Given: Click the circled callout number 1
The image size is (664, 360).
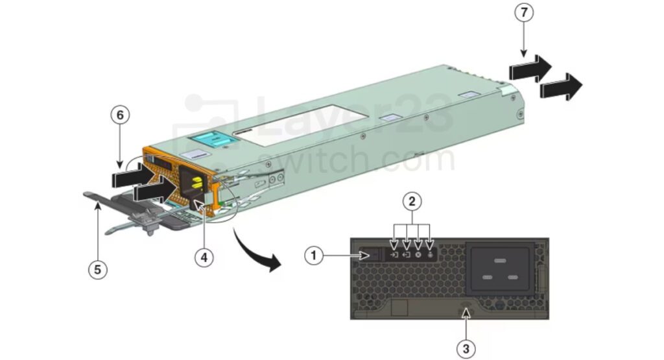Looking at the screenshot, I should [314, 256].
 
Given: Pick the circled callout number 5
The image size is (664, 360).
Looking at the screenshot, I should [97, 269].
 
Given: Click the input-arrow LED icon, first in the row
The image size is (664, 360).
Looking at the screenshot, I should [394, 254].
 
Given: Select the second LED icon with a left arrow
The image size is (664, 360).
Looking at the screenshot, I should [406, 254].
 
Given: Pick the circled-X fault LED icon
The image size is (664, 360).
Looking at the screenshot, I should [418, 254].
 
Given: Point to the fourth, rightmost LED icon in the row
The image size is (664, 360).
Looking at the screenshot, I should [431, 254].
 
